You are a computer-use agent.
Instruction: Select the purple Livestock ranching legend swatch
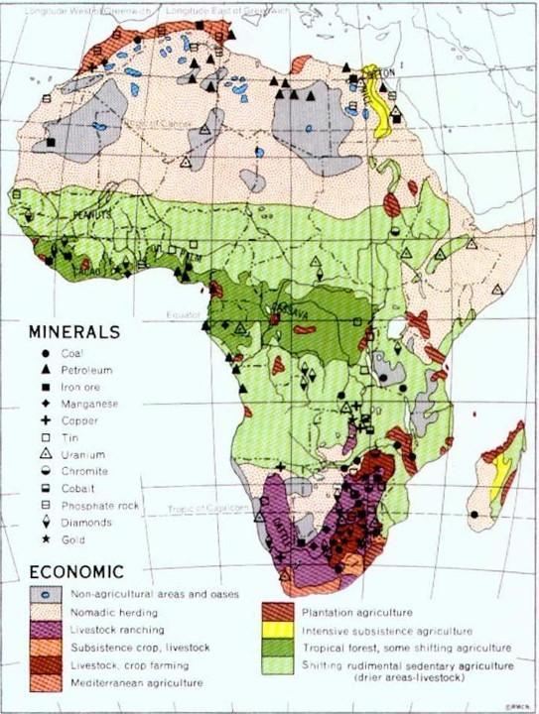(46, 629)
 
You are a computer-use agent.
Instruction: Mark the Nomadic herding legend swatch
(46, 611)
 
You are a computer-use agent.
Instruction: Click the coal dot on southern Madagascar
(475, 515)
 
